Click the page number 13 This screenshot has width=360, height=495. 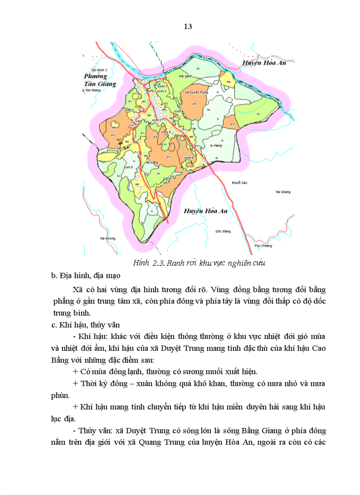coord(187,27)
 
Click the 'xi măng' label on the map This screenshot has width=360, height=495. coord(215,145)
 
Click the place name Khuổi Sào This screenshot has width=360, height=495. coord(238,182)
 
